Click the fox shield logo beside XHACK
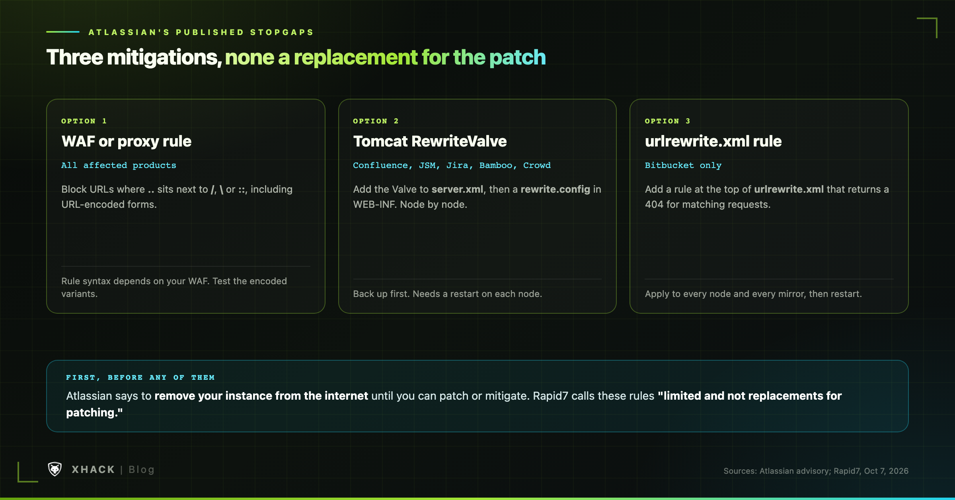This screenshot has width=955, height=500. (55, 469)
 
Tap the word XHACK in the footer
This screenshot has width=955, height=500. (93, 470)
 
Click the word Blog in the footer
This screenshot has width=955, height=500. (141, 470)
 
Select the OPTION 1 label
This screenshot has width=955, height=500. (84, 121)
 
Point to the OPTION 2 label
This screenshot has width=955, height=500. (376, 121)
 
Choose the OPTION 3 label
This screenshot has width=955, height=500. (668, 121)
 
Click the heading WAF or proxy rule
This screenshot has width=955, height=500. (127, 141)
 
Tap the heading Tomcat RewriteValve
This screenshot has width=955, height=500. (430, 141)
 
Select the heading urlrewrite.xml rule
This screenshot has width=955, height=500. (713, 141)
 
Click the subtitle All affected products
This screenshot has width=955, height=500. (119, 165)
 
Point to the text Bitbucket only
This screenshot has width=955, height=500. (683, 165)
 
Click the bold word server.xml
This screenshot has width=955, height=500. (457, 189)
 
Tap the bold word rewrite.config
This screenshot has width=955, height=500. (555, 189)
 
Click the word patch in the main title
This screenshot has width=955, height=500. (517, 57)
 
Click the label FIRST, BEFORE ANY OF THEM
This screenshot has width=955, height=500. (140, 377)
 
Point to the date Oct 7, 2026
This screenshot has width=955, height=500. (886, 471)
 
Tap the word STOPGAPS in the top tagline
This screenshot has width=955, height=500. (282, 32)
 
